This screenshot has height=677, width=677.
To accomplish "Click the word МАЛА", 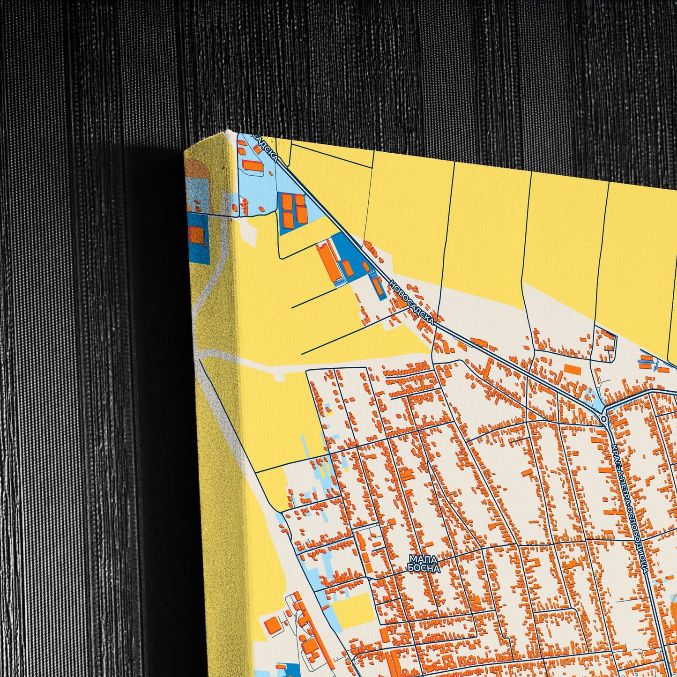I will pyautogui.click(x=423, y=559).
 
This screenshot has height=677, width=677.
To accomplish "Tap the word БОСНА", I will pyautogui.click(x=424, y=568).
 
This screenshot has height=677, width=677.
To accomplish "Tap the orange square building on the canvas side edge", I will pyautogui.click(x=197, y=234).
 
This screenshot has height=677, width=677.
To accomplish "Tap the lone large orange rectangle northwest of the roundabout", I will pyautogui.click(x=573, y=370).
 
